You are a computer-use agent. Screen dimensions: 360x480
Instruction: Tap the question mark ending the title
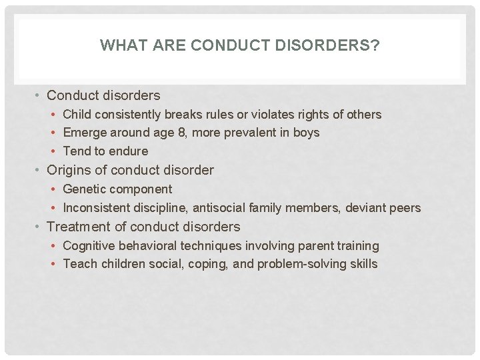(377, 45)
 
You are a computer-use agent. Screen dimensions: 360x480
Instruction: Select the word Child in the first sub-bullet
(77, 115)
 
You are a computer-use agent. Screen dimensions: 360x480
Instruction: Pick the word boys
(306, 133)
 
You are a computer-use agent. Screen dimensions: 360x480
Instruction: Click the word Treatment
(78, 227)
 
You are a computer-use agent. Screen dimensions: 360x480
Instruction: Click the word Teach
(79, 264)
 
